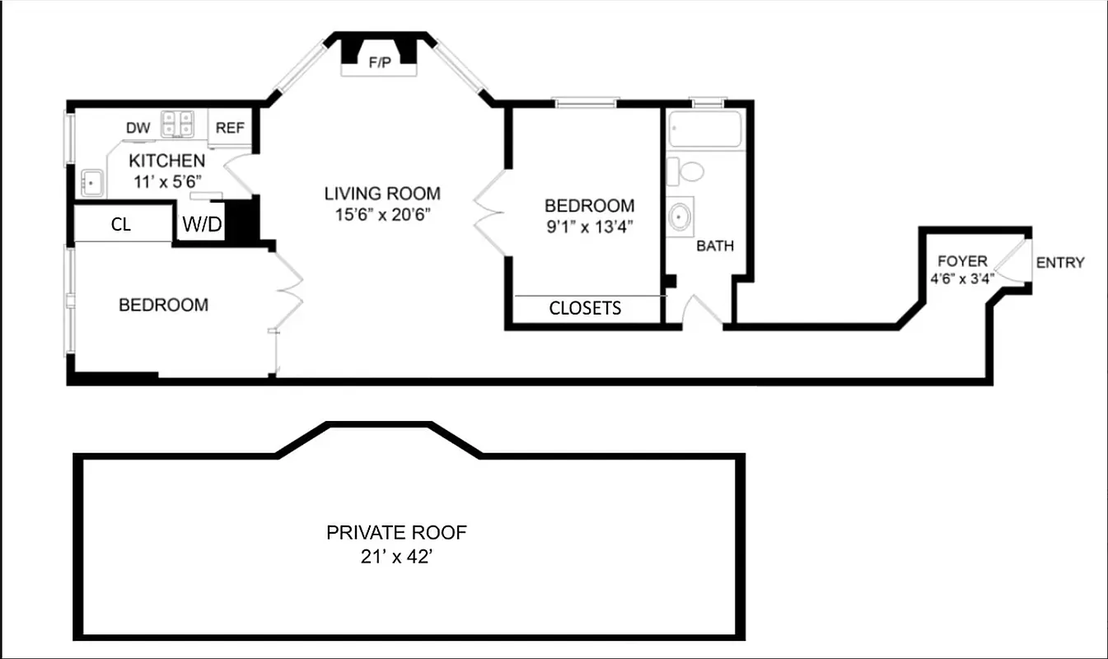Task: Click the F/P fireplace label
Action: coord(380,63)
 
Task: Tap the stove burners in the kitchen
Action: coord(177,124)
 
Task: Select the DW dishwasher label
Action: coord(138,128)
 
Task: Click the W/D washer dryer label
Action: coord(202,224)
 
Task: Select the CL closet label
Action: coord(121,225)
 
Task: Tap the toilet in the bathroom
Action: coord(688,171)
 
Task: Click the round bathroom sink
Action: coord(681,216)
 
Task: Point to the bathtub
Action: coord(705,129)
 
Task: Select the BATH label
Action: coord(714,245)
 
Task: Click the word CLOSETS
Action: coord(585,308)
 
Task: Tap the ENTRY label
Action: coord(1059,263)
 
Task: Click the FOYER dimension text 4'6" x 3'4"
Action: coord(962,278)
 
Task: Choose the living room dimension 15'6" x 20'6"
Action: coord(381,215)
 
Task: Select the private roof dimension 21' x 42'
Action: coord(396,557)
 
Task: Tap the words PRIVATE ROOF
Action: coord(396,532)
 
